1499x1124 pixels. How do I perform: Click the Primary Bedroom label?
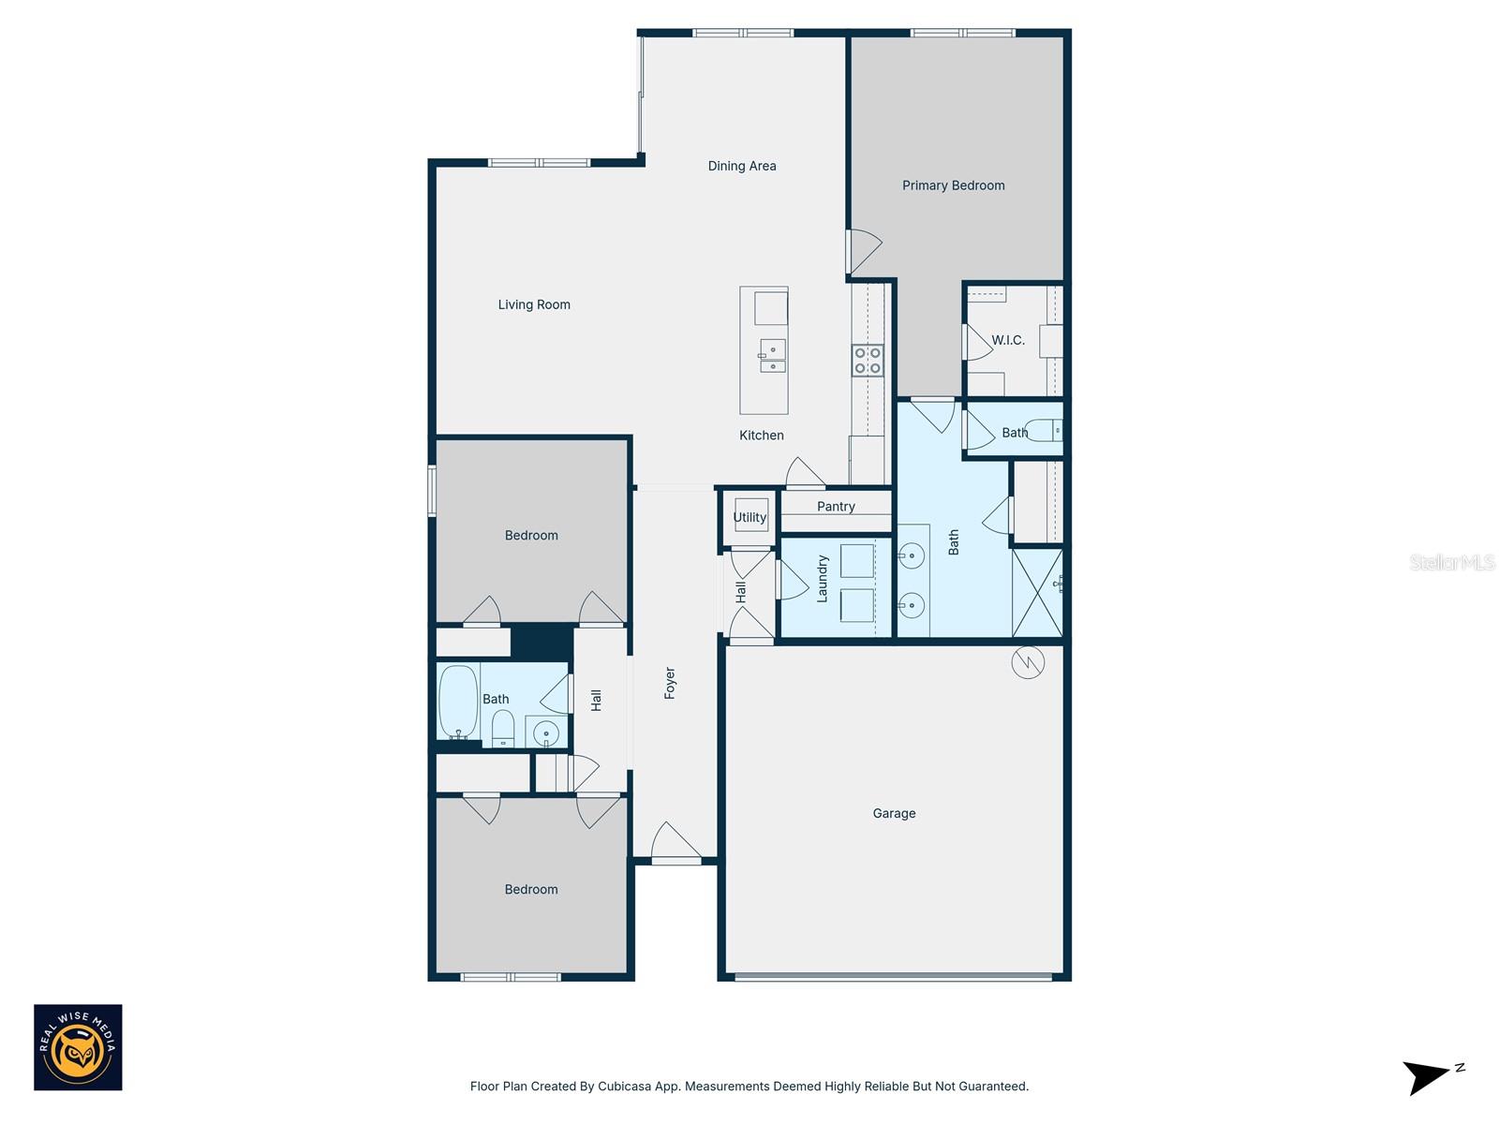pyautogui.click(x=953, y=185)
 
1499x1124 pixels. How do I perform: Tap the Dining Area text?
pyautogui.click(x=741, y=166)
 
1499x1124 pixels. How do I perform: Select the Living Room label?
pyautogui.click(x=534, y=304)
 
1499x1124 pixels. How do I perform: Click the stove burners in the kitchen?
pyautogui.click(x=868, y=361)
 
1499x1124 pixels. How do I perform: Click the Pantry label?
pyautogui.click(x=836, y=507)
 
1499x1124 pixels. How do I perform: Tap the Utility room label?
pyautogui.click(x=749, y=517)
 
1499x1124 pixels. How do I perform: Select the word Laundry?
pyautogui.click(x=823, y=578)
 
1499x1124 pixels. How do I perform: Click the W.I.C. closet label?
pyautogui.click(x=1008, y=340)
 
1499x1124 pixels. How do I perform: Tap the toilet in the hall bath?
pyautogui.click(x=503, y=728)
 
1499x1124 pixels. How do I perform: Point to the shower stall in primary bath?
pyautogui.click(x=1037, y=594)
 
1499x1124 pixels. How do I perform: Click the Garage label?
pyautogui.click(x=894, y=813)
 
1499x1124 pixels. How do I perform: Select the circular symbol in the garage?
pyautogui.click(x=1028, y=663)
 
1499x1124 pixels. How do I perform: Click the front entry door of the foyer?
pyautogui.click(x=675, y=846)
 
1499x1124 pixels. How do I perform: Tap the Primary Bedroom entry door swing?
pyautogui.click(x=864, y=251)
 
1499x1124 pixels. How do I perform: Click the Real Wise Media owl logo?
pyautogui.click(x=78, y=1047)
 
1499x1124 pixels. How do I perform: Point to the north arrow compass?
pyautogui.click(x=1429, y=1076)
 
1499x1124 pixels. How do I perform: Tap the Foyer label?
pyautogui.click(x=670, y=683)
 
